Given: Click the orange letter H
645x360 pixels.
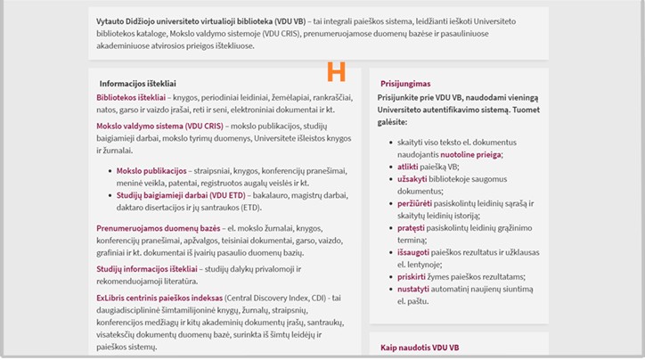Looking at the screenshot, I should [336, 71].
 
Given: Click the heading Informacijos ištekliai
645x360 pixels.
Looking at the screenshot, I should [139, 83].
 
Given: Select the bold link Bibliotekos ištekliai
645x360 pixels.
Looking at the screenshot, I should [131, 96].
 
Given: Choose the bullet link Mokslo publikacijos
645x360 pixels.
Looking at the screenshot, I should [151, 169].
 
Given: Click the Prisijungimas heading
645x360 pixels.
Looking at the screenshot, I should [405, 83].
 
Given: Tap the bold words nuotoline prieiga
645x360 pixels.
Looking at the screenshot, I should [469, 154].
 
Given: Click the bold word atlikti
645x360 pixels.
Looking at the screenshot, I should [408, 167].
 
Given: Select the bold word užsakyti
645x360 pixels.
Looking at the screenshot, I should [412, 179].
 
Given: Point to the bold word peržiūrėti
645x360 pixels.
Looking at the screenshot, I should [415, 203].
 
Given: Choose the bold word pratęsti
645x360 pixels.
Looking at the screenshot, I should [412, 228].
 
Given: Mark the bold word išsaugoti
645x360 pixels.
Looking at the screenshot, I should [415, 252].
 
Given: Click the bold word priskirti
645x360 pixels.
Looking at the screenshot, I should [412, 277].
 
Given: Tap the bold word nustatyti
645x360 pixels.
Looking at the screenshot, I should [414, 290].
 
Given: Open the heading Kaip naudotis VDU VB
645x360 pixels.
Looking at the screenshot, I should [420, 347].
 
